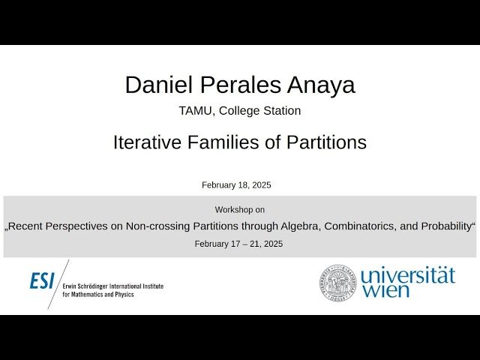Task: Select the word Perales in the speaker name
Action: (236, 85)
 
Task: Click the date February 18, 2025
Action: (236, 184)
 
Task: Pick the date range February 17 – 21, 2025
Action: (238, 244)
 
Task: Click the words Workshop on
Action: (239, 210)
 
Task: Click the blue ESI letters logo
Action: (42, 280)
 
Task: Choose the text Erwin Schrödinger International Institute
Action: (112, 286)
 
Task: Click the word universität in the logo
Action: (407, 275)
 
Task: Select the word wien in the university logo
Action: (386, 291)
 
